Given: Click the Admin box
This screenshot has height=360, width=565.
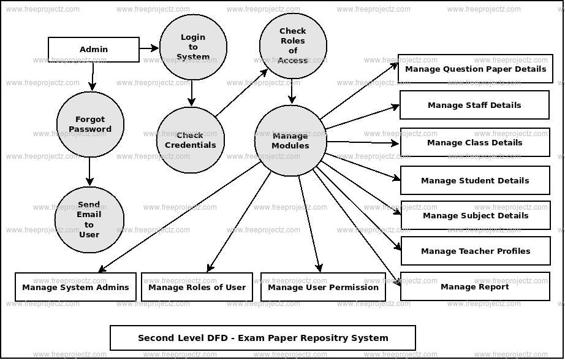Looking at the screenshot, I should coord(94,50).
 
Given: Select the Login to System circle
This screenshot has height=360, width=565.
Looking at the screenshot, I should coord(193,47).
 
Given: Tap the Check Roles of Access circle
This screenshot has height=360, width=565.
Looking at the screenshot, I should coord(292,46).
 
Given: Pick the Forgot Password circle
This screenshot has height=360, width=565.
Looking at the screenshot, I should coord(90,124).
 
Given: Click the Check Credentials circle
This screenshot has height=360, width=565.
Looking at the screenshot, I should coord(191,140).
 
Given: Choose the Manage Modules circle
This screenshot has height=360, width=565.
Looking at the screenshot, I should coord(290,141).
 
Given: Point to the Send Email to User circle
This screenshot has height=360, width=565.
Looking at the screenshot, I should coord(89,220).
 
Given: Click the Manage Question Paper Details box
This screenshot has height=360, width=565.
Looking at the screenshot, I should coord(476,69).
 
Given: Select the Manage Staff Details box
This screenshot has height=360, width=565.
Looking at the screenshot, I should coord(474,105).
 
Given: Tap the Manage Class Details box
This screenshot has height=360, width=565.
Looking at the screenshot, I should coord(475,142).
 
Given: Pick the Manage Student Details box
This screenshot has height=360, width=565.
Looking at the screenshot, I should coord(475,180).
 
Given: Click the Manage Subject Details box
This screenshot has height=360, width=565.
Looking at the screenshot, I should coord(476,215).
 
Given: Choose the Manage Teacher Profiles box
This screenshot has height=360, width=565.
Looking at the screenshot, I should coord(476,251).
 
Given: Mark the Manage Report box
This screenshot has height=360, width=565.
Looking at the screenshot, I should coord(475,286).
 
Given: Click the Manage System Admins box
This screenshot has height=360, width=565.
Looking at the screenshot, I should coord(75,287).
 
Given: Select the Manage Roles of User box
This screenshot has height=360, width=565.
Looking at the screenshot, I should coord(197,287).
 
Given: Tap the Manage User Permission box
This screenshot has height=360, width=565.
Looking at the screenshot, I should coord(323,287).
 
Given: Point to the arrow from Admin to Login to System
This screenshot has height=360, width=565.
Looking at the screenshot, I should coord(149,47).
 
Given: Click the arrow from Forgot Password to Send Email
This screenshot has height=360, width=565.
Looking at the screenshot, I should coord(90,170).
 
